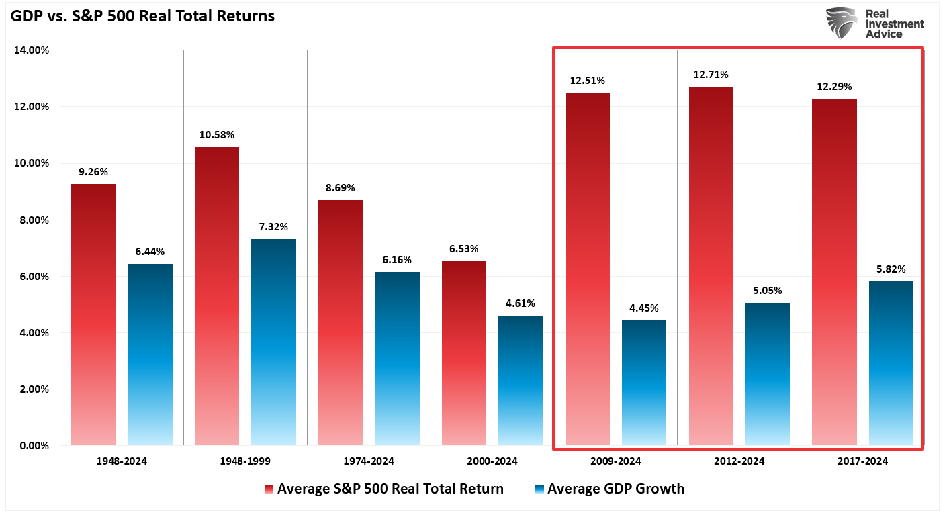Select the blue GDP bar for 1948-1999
pos(273,342)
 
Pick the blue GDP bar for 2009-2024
pos(643,382)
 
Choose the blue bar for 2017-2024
pos(891,363)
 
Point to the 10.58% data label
pos(216,136)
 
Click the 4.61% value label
pos(521,303)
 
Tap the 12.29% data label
pos(834,87)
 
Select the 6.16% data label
pos(396,260)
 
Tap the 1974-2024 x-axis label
pos(369,461)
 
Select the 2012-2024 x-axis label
pos(739,461)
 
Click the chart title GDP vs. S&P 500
pos(142,17)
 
